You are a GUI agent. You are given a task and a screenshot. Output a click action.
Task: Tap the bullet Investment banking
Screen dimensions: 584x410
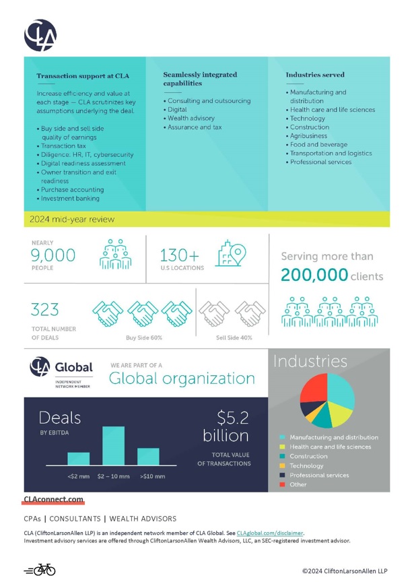coord(70,199)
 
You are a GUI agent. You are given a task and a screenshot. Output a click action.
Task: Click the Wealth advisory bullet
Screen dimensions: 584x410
coord(191,118)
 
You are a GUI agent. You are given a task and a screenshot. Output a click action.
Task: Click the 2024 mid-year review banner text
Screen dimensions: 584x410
coord(72,219)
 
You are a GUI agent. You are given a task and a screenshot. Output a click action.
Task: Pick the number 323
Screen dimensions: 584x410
coord(45,310)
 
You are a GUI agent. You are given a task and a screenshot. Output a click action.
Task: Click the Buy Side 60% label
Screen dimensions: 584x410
coord(143,337)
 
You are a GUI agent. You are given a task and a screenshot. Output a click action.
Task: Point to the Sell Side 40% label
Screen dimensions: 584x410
coord(234,337)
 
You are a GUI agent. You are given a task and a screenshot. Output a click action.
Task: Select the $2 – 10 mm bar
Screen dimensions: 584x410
coord(113,445)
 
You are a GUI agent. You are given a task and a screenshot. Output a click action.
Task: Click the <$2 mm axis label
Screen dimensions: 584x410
coord(78,477)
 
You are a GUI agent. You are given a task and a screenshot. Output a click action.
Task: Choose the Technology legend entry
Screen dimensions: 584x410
coord(306,465)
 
